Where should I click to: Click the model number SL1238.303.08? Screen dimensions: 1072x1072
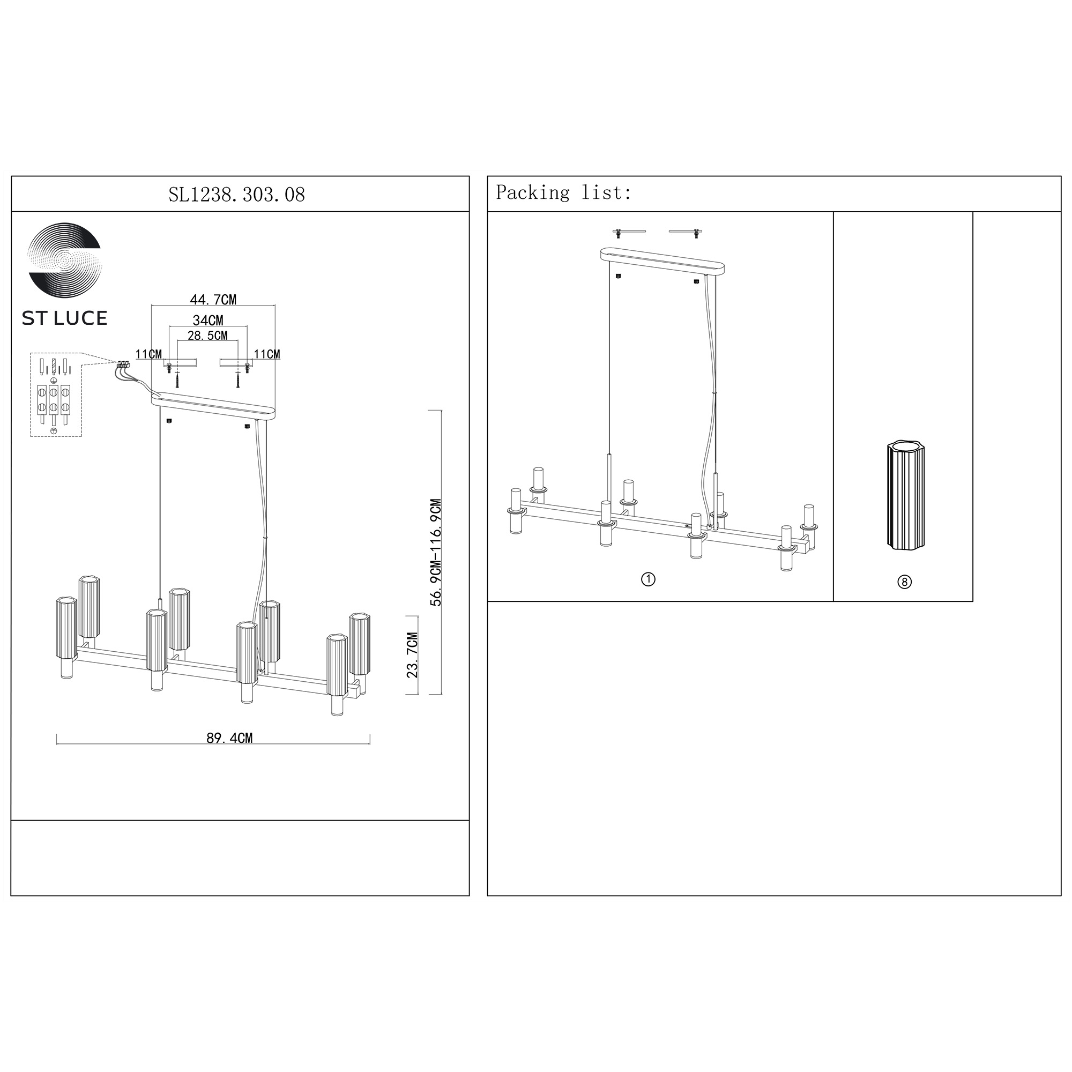237,195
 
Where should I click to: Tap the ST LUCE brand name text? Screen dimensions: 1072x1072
64,318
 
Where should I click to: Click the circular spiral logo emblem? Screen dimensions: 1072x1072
64,260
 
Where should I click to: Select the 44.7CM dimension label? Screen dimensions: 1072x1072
213,300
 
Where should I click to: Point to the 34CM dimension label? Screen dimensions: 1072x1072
208,320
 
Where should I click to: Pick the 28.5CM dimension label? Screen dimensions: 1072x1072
207,336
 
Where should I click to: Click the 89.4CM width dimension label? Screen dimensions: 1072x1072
230,738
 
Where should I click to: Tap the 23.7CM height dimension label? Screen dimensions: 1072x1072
412,655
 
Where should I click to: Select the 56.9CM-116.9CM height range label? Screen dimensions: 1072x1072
437,553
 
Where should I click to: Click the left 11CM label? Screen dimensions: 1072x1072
148,354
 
